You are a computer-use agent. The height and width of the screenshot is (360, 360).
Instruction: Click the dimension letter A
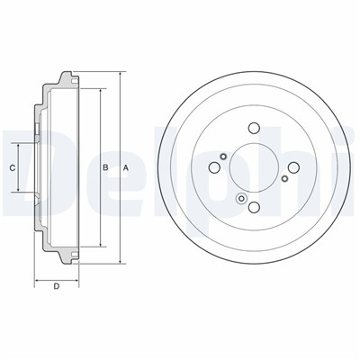126,168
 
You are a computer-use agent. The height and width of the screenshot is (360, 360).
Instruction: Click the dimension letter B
105,167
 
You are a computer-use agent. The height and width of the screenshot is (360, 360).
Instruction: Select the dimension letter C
13,168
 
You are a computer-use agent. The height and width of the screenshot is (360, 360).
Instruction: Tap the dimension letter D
57,286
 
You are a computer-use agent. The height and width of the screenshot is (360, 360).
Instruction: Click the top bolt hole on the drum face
254,128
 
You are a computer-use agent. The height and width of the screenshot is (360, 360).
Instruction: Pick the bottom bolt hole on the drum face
254,207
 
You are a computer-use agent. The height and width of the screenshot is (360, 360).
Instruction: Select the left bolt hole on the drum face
214,167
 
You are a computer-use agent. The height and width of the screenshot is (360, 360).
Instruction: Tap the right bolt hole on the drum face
293,167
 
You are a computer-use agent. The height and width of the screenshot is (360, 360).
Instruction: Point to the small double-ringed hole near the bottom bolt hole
241,198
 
